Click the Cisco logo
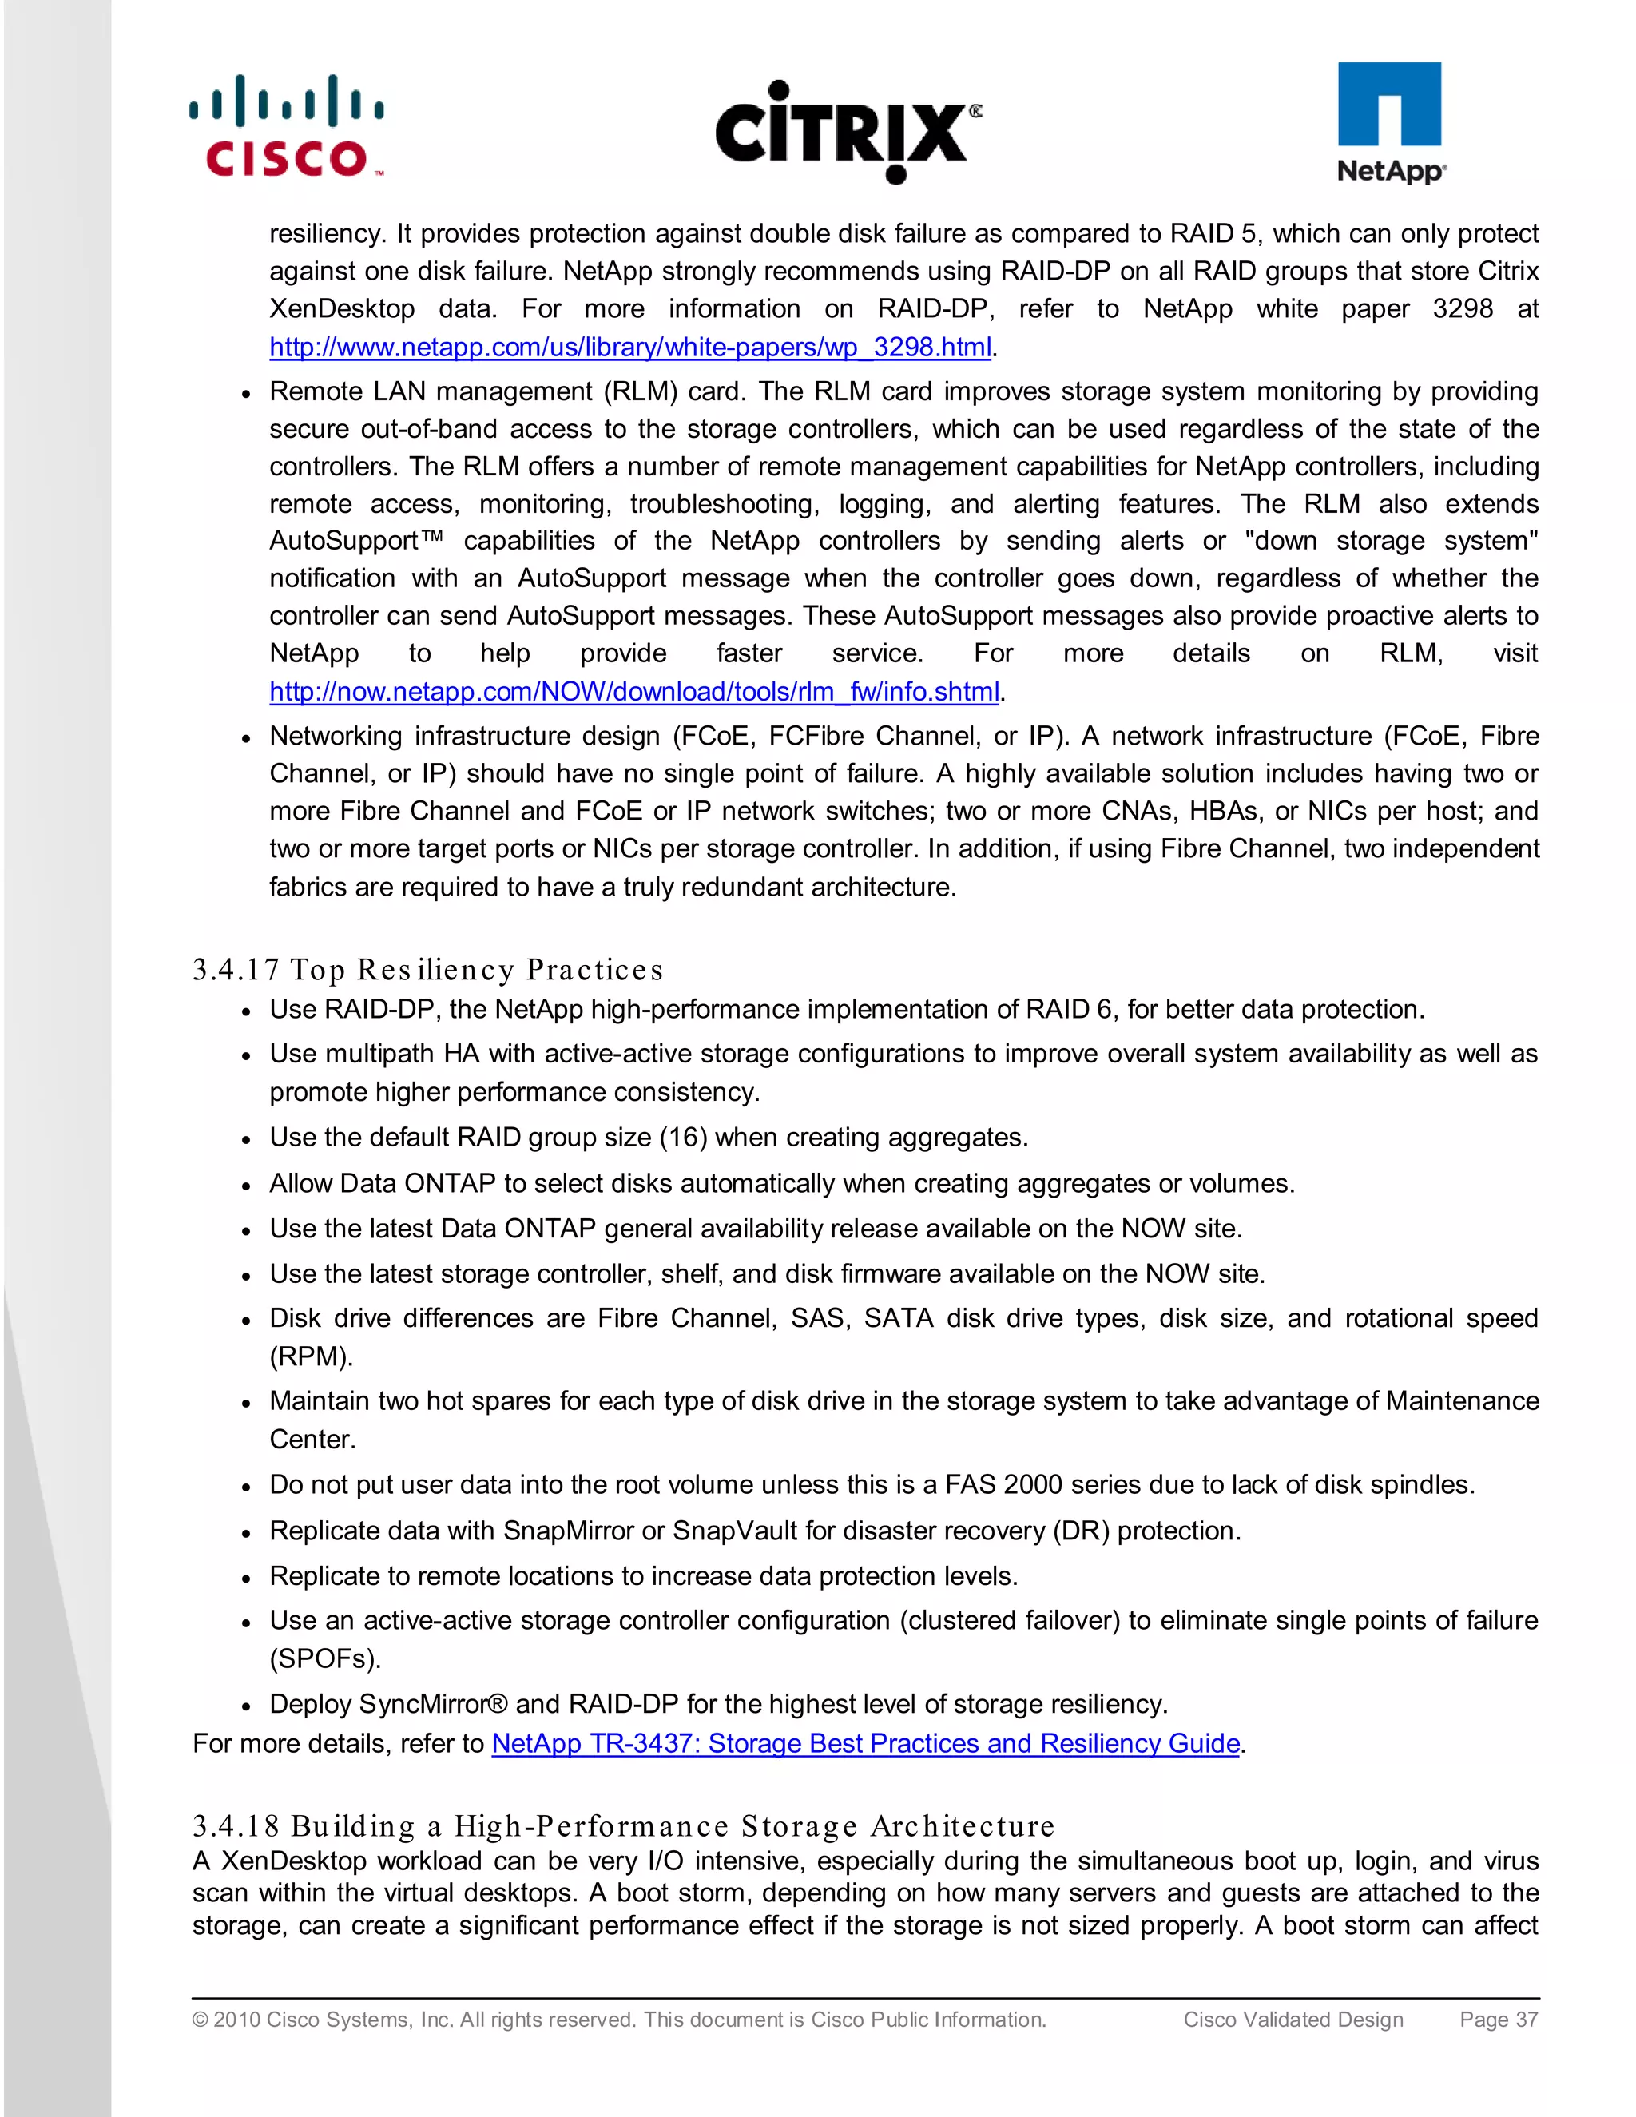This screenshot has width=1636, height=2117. (287, 127)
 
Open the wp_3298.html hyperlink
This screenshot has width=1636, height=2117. (630, 347)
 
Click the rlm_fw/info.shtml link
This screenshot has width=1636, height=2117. (633, 691)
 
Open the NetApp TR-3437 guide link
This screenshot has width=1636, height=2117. (865, 1743)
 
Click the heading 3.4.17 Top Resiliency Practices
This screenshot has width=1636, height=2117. (427, 969)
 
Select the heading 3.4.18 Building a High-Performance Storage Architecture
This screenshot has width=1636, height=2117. (623, 1825)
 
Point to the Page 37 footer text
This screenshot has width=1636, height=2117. (1499, 2019)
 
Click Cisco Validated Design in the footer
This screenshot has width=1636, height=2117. (1293, 2019)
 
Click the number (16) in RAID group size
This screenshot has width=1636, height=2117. (683, 1137)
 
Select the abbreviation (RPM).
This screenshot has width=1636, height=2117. (310, 1356)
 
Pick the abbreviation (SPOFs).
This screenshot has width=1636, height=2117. (324, 1658)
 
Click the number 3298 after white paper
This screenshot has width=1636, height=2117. (1463, 309)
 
